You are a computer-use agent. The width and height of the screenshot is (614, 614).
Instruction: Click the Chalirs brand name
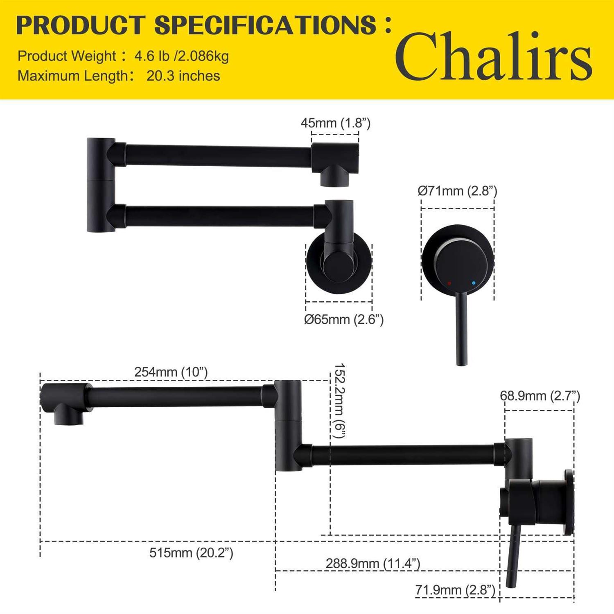pos(494,56)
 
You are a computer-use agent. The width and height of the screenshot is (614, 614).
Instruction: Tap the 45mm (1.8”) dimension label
pos(336,123)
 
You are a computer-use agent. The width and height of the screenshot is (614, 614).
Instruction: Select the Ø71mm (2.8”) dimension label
pos(457,191)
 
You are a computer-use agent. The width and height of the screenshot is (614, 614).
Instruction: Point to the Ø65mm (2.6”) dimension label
pos(344,319)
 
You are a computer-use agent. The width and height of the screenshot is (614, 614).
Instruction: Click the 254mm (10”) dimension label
pos(171,372)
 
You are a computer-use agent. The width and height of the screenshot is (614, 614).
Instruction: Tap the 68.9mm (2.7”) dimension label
pos(540,396)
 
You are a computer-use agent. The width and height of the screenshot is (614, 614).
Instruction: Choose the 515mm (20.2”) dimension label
pos(191,553)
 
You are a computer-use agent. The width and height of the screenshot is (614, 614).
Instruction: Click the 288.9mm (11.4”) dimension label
pos(373,563)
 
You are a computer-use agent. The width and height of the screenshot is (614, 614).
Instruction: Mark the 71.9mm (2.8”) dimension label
pos(455,590)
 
